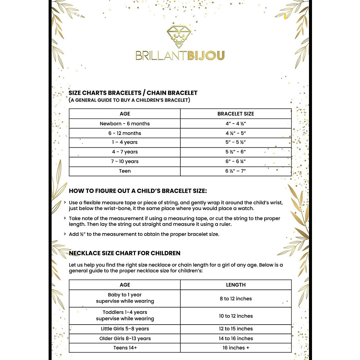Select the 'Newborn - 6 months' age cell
[125, 124]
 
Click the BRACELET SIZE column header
[236, 114]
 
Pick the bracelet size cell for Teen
[236, 171]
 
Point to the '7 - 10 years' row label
[125, 161]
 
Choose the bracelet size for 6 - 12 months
[236, 133]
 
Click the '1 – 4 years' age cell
[125, 142]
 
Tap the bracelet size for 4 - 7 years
[236, 152]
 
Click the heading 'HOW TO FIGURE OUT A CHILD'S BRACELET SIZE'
[138, 191]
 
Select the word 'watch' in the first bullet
[245, 208]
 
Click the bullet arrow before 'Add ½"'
[65, 234]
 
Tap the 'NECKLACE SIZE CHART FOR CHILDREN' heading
[124, 253]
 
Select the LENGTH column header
[236, 285]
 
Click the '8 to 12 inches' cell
[236, 298]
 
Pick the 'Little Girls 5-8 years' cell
[125, 329]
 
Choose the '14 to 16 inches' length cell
[236, 338]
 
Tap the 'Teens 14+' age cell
[125, 348]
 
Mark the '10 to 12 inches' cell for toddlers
[236, 316]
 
